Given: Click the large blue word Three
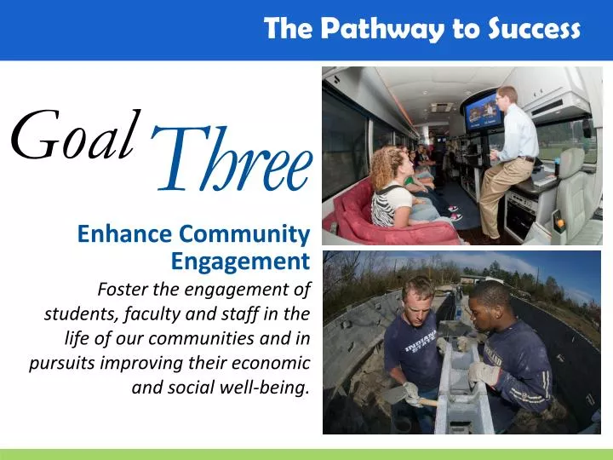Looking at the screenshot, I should click(232, 161).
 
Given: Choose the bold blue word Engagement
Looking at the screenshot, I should click(239, 260).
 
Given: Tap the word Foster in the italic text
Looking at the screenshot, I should click(125, 288).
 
